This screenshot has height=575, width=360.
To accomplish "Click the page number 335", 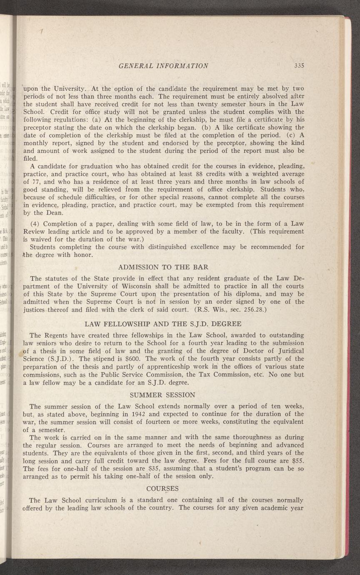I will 299,66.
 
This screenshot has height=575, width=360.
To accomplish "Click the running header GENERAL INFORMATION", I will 163,66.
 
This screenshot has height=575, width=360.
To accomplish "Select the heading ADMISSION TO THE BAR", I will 163,267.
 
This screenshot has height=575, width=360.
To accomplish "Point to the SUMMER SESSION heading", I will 163,394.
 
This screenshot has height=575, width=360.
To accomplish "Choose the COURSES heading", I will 163,488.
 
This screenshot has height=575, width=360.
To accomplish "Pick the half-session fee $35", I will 142,469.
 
